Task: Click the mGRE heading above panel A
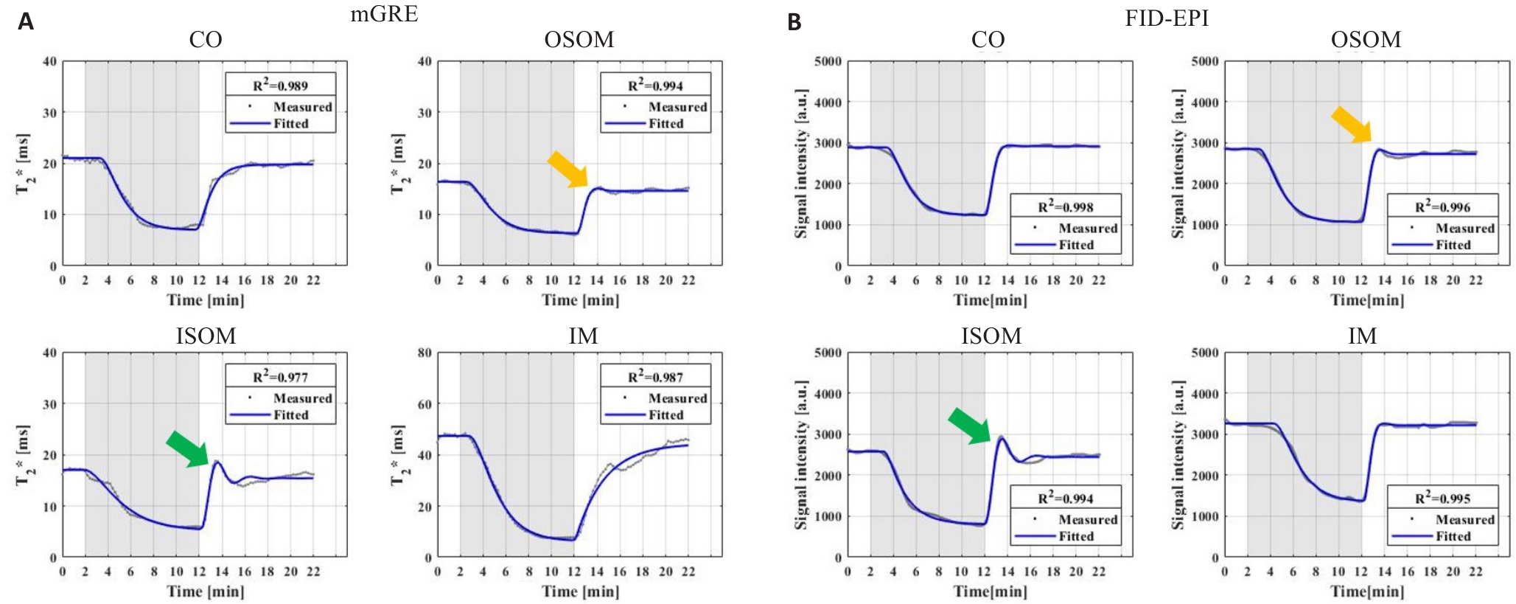384,13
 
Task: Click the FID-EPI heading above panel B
1167,18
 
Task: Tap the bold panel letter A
26,22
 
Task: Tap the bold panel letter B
794,22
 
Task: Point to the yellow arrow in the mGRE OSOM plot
567,170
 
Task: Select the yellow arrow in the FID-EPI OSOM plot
1351,124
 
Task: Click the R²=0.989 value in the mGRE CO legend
280,85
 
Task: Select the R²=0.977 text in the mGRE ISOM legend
280,376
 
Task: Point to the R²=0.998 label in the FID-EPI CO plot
1066,206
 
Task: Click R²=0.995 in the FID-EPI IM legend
1442,498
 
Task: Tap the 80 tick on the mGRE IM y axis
425,353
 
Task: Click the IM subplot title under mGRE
583,336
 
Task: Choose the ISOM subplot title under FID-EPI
991,336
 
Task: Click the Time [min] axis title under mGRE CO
205,300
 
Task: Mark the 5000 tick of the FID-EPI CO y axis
828,61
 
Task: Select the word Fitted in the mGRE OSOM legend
666,123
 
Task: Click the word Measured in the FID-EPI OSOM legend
1464,228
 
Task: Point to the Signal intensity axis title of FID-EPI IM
1178,454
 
